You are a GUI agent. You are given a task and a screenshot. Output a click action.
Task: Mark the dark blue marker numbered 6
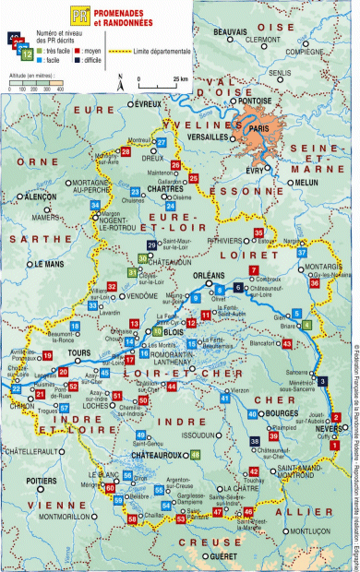tap(238, 289)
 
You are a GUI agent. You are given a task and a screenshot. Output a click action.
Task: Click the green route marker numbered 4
tap(307, 324)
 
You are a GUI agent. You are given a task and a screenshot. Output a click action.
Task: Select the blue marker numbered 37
tap(302, 252)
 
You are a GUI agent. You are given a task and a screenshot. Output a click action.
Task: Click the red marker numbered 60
tap(110, 487)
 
